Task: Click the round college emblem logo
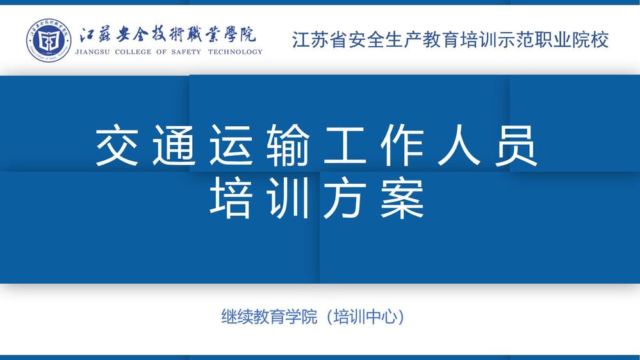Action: tap(49, 40)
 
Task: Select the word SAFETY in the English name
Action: tap(186, 52)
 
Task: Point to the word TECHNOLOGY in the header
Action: tap(235, 52)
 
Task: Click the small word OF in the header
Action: tap(161, 52)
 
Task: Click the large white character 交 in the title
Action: tap(117, 145)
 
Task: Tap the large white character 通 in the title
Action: tap(174, 145)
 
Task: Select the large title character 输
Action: tap(288, 145)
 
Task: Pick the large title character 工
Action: tap(345, 145)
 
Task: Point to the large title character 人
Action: tap(459, 145)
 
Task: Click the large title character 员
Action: tap(516, 145)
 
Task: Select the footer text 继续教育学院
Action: tap(269, 316)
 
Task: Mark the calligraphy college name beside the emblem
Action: tap(168, 35)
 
